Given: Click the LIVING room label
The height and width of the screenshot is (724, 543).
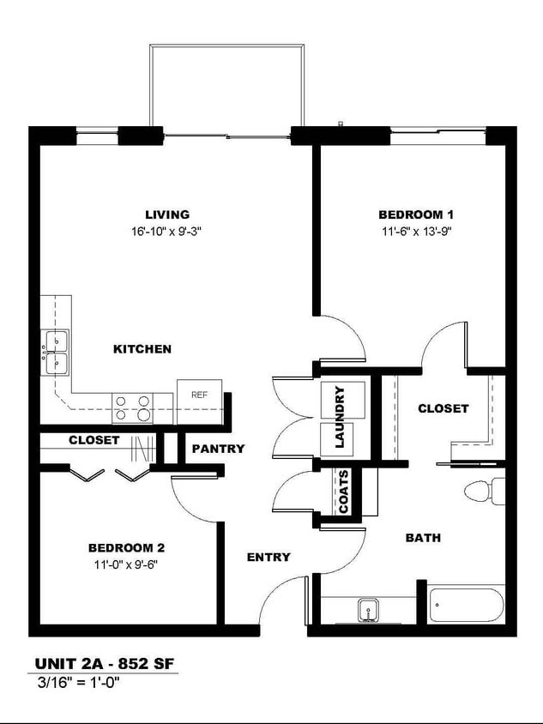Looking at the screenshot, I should click(167, 214).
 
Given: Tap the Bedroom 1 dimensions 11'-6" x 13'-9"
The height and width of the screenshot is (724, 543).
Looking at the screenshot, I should click(416, 231).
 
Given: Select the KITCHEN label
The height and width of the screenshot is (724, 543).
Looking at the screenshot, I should click(142, 349).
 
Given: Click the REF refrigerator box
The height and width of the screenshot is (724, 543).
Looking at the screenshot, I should click(200, 395).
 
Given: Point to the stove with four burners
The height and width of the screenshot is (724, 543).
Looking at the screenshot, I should click(133, 407).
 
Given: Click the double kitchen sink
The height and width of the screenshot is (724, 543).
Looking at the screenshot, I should click(57, 353).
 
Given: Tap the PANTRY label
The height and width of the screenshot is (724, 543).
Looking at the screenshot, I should click(218, 449).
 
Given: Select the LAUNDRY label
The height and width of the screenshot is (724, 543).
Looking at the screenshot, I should click(340, 417).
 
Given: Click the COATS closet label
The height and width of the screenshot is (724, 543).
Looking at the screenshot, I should click(344, 492).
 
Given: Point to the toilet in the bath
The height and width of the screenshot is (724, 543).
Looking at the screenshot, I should click(483, 492).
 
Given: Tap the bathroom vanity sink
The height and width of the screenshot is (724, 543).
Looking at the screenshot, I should click(369, 610).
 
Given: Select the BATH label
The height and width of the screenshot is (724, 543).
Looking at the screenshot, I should click(423, 538).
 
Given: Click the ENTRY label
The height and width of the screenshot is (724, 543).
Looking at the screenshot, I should click(268, 558).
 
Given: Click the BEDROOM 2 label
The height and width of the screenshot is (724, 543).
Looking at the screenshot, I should click(126, 547).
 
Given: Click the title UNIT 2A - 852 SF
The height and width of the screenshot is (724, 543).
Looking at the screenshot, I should click(106, 664).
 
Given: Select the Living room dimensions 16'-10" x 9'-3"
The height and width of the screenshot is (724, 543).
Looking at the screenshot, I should click(167, 231).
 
